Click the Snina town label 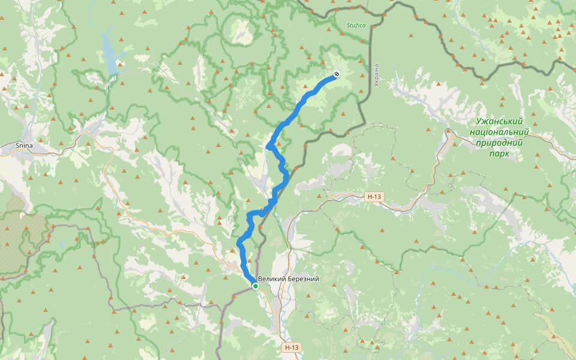click(24, 145)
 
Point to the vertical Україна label click(376, 75)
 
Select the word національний click(499, 132)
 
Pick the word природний click(499, 143)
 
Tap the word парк click(499, 154)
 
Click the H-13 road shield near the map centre click(374, 196)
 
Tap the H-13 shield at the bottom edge click(292, 347)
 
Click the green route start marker click(256, 286)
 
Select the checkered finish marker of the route click(337, 74)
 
